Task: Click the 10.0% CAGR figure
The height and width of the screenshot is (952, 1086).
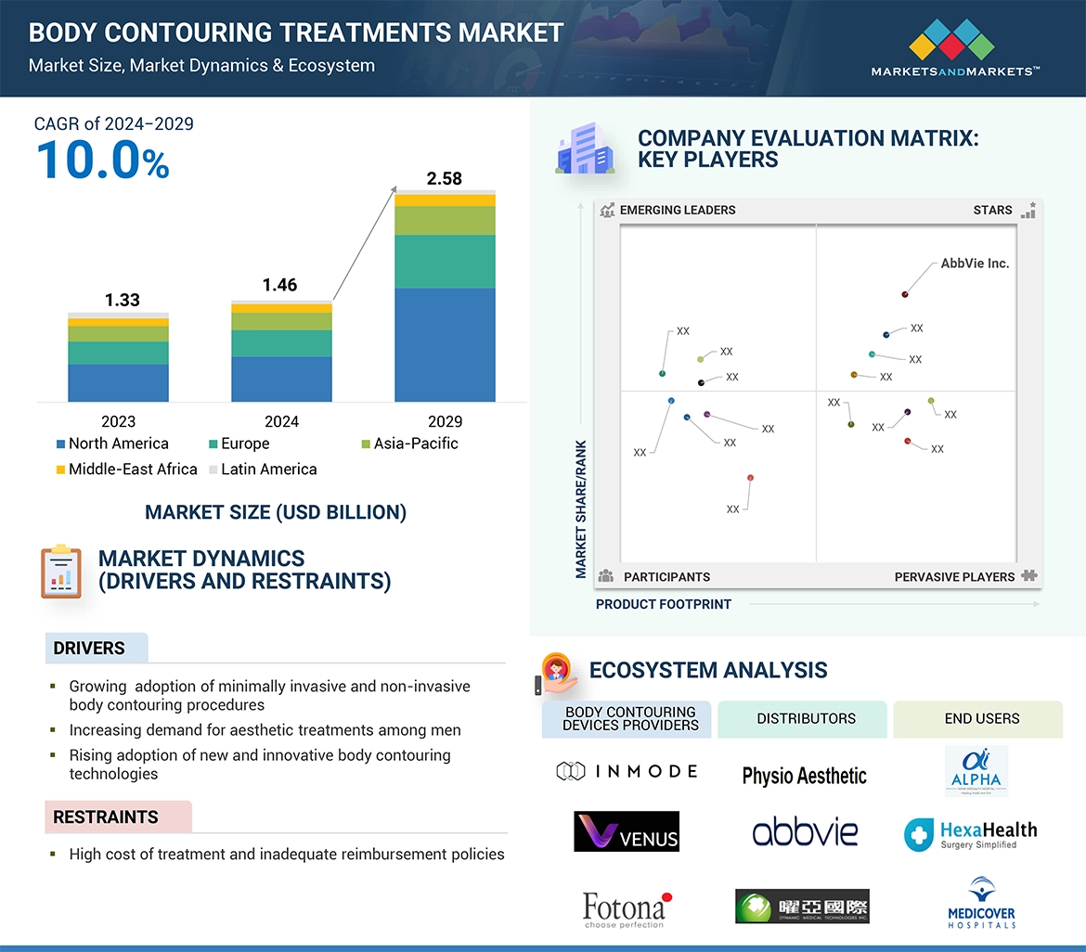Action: click(x=102, y=160)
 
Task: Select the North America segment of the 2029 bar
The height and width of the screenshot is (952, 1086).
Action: click(x=445, y=344)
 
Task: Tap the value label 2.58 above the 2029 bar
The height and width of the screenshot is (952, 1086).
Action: click(x=444, y=178)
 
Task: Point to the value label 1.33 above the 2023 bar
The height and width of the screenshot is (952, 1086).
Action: click(x=122, y=299)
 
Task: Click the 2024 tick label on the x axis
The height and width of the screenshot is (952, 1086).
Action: click(x=281, y=421)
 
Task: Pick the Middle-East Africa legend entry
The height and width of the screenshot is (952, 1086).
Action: click(x=125, y=470)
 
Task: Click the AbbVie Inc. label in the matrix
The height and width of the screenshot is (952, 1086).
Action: click(x=974, y=264)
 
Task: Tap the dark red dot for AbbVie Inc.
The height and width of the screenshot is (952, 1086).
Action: click(x=904, y=294)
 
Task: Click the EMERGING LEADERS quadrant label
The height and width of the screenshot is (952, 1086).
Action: click(x=677, y=210)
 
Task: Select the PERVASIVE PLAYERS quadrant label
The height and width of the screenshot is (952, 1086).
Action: click(x=954, y=576)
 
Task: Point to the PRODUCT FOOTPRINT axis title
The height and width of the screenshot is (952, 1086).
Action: click(x=663, y=604)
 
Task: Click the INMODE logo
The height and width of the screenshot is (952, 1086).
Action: click(x=627, y=771)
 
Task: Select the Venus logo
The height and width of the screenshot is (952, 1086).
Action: click(x=627, y=831)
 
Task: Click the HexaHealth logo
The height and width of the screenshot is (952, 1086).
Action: click(x=970, y=834)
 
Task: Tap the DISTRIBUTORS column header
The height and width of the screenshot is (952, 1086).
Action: click(x=806, y=718)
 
